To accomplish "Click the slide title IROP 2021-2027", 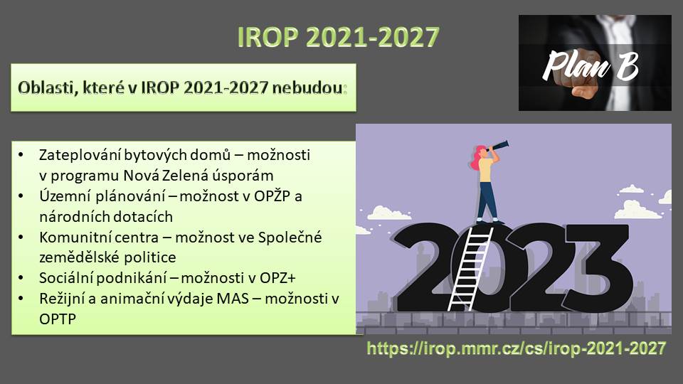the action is point(338,36).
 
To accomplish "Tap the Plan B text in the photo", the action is point(591,65).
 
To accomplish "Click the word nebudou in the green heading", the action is point(307,87).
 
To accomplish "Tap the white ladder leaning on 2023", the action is point(470,268).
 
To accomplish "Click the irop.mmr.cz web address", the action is point(517,348).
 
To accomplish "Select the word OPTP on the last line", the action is point(58,319).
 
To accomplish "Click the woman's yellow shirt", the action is point(485,170).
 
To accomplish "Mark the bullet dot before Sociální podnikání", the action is point(21,278).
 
